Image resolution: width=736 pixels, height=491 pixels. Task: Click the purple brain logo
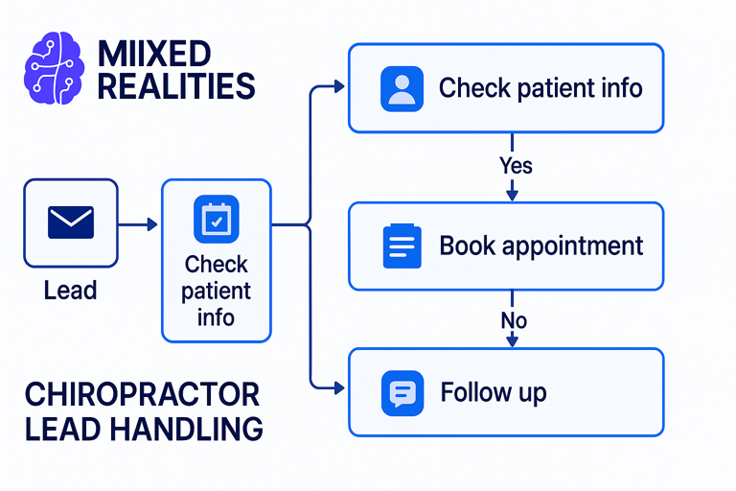coord(54,68)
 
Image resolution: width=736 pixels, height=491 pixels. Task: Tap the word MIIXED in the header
coord(154,54)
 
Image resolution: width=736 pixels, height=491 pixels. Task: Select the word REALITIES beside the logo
coord(176,86)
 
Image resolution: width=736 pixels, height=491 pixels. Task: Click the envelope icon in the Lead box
coord(71,222)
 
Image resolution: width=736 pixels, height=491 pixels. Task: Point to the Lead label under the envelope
coord(70,290)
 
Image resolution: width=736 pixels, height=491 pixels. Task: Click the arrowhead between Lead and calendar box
coord(152,224)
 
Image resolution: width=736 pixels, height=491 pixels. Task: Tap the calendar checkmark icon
coord(217,220)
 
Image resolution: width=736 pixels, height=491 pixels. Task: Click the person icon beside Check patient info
coord(402,89)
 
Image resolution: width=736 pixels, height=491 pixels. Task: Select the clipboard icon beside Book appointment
coord(402,245)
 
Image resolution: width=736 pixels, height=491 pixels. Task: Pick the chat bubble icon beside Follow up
coord(402,393)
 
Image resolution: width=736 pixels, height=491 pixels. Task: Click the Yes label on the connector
coord(516,165)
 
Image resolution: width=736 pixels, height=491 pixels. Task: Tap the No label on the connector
coord(514,321)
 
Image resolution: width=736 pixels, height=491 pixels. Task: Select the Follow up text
coord(494,393)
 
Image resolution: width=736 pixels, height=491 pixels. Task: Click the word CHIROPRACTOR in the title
coord(142,394)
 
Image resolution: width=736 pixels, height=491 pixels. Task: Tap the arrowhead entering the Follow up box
coord(339,388)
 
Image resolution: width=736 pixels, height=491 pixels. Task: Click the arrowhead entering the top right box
coord(339,86)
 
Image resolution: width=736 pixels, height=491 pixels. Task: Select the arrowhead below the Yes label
coord(512,195)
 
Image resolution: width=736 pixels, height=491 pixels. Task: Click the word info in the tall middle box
coord(216,317)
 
